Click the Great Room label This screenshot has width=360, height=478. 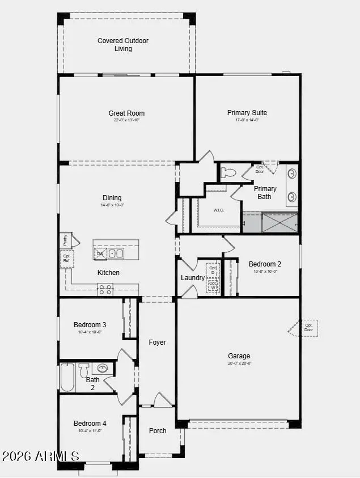[x=126, y=113]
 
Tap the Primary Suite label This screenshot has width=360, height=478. [x=247, y=113]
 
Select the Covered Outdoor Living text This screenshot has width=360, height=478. [x=123, y=45]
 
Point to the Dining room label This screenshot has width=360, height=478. [x=112, y=198]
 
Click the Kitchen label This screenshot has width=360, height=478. [x=108, y=273]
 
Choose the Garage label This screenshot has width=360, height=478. [x=239, y=356]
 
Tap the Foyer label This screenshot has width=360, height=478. [x=157, y=342]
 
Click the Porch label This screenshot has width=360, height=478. [x=158, y=431]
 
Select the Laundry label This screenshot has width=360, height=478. [x=193, y=278]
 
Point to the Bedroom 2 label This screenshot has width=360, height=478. [x=265, y=264]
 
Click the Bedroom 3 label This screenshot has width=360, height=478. [x=90, y=325]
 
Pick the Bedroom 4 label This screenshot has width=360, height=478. [x=90, y=424]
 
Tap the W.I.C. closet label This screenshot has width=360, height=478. [x=219, y=210]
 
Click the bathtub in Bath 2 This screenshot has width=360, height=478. [x=67, y=377]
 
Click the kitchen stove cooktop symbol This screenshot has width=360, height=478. [x=105, y=290]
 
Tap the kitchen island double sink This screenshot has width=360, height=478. [x=116, y=253]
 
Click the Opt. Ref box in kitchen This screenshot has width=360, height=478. [x=67, y=259]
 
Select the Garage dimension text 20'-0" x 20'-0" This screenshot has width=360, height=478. [x=239, y=363]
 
